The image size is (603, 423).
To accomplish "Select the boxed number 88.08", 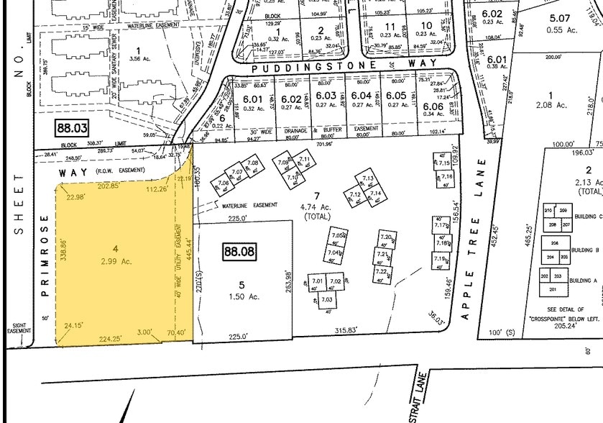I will (239, 253).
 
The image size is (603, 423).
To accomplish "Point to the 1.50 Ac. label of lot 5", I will (241, 296).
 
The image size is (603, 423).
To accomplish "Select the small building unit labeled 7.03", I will (326, 299).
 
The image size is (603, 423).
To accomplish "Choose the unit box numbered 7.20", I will (385, 237).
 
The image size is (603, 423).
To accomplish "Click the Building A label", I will (582, 281).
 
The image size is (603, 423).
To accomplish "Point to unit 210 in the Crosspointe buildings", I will (548, 210).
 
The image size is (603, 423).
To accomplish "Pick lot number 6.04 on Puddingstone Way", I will (362, 96).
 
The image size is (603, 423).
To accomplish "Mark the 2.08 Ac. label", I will (552, 105).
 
